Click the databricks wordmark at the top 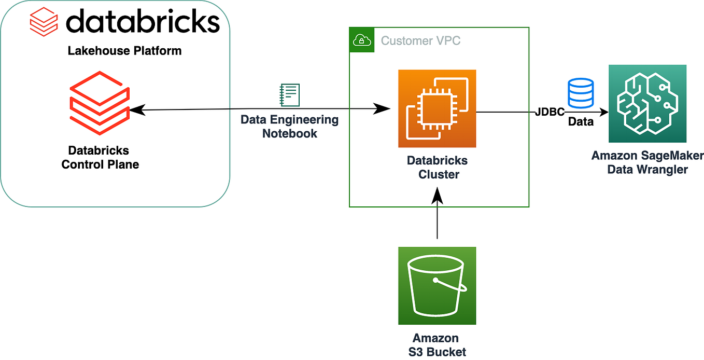click(x=143, y=22)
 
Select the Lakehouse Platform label click(x=124, y=51)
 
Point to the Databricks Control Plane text click(x=100, y=157)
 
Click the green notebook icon click(x=289, y=95)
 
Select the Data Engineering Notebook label click(x=289, y=126)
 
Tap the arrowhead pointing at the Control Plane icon click(x=136, y=109)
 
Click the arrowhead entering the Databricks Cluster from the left click(x=383, y=109)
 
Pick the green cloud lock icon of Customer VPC click(x=361, y=40)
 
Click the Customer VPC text click(x=420, y=40)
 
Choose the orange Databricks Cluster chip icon click(x=437, y=108)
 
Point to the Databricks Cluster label click(x=437, y=167)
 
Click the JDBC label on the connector click(x=550, y=112)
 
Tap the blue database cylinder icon click(x=580, y=92)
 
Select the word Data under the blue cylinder click(x=581, y=122)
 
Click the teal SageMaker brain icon click(x=647, y=103)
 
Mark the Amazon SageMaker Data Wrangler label click(x=647, y=162)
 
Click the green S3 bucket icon click(x=437, y=285)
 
